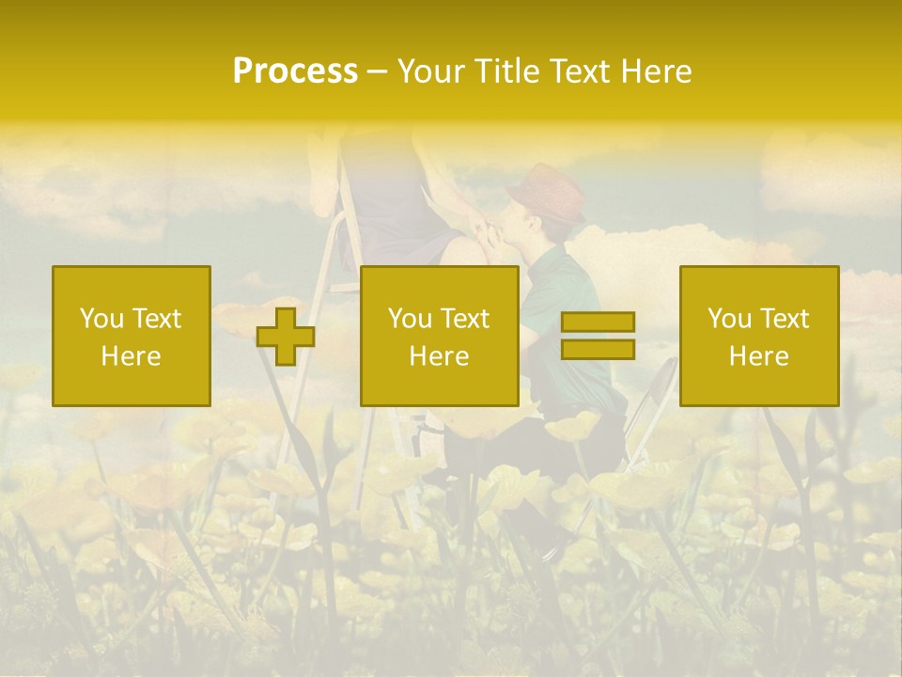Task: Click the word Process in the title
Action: point(295,71)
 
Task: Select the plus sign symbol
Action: point(286,337)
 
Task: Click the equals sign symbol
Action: point(598,336)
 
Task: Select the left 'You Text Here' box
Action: point(132,336)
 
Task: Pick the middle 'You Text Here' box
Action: point(439,336)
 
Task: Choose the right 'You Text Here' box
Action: point(758,336)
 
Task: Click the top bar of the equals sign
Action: point(598,322)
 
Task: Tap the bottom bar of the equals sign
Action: point(598,350)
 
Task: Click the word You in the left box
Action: point(99,319)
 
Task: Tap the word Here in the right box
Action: point(758,355)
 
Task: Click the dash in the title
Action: point(377,71)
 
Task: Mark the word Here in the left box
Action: point(132,355)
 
